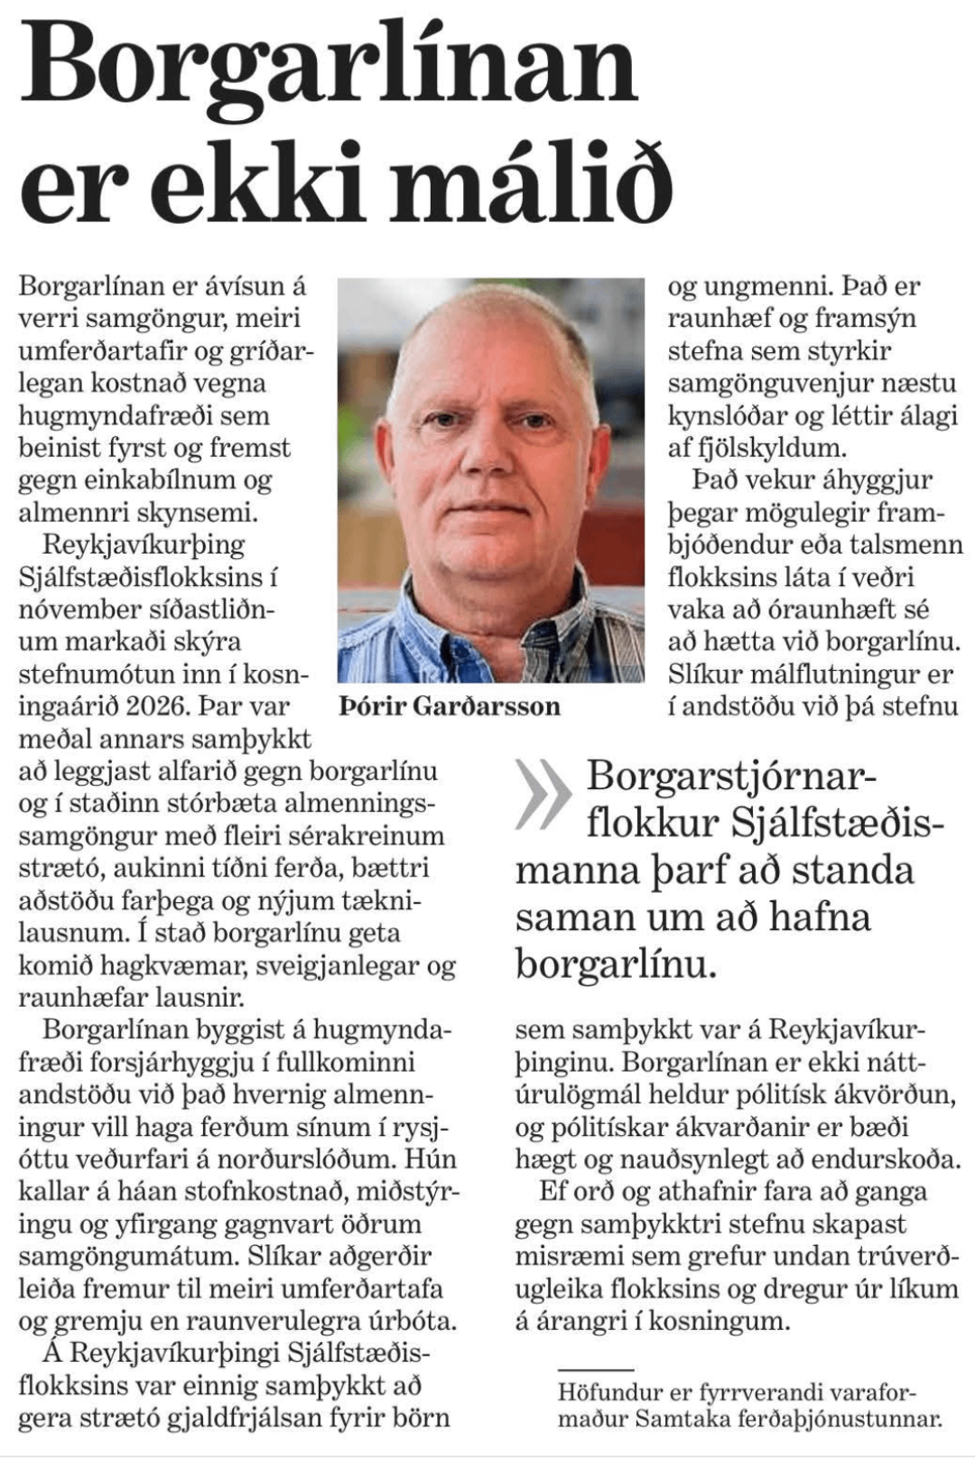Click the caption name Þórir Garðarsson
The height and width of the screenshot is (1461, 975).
(450, 706)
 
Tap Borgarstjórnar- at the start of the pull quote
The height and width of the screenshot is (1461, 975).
(730, 777)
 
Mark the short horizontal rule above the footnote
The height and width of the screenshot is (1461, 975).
(595, 1371)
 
